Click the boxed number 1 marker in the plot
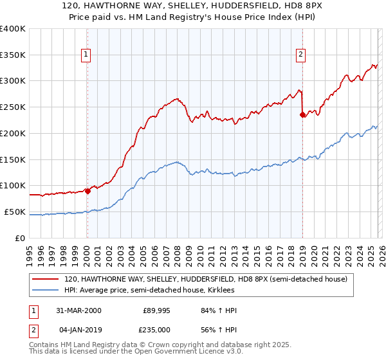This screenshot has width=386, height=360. (x=86, y=55)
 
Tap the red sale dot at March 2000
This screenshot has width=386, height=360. (x=87, y=190)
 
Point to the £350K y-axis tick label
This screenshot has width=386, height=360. (x=12, y=55)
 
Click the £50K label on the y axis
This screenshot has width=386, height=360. (x=15, y=212)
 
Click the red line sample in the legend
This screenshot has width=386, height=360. (x=46, y=280)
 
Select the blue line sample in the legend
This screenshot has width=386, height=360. (x=46, y=291)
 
